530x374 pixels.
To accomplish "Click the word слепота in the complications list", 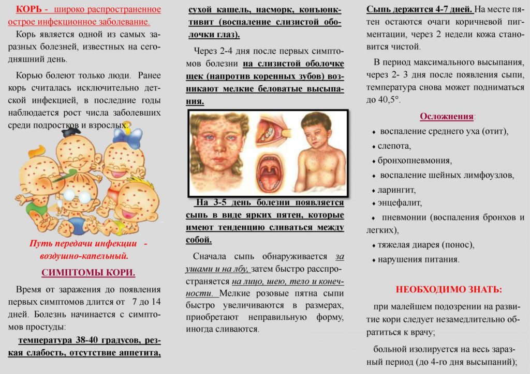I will tap(394, 146).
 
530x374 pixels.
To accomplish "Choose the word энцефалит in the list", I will tap(400, 202).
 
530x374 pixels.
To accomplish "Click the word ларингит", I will tap(397, 190).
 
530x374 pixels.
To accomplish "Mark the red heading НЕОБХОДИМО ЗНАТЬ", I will tap(448, 289).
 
